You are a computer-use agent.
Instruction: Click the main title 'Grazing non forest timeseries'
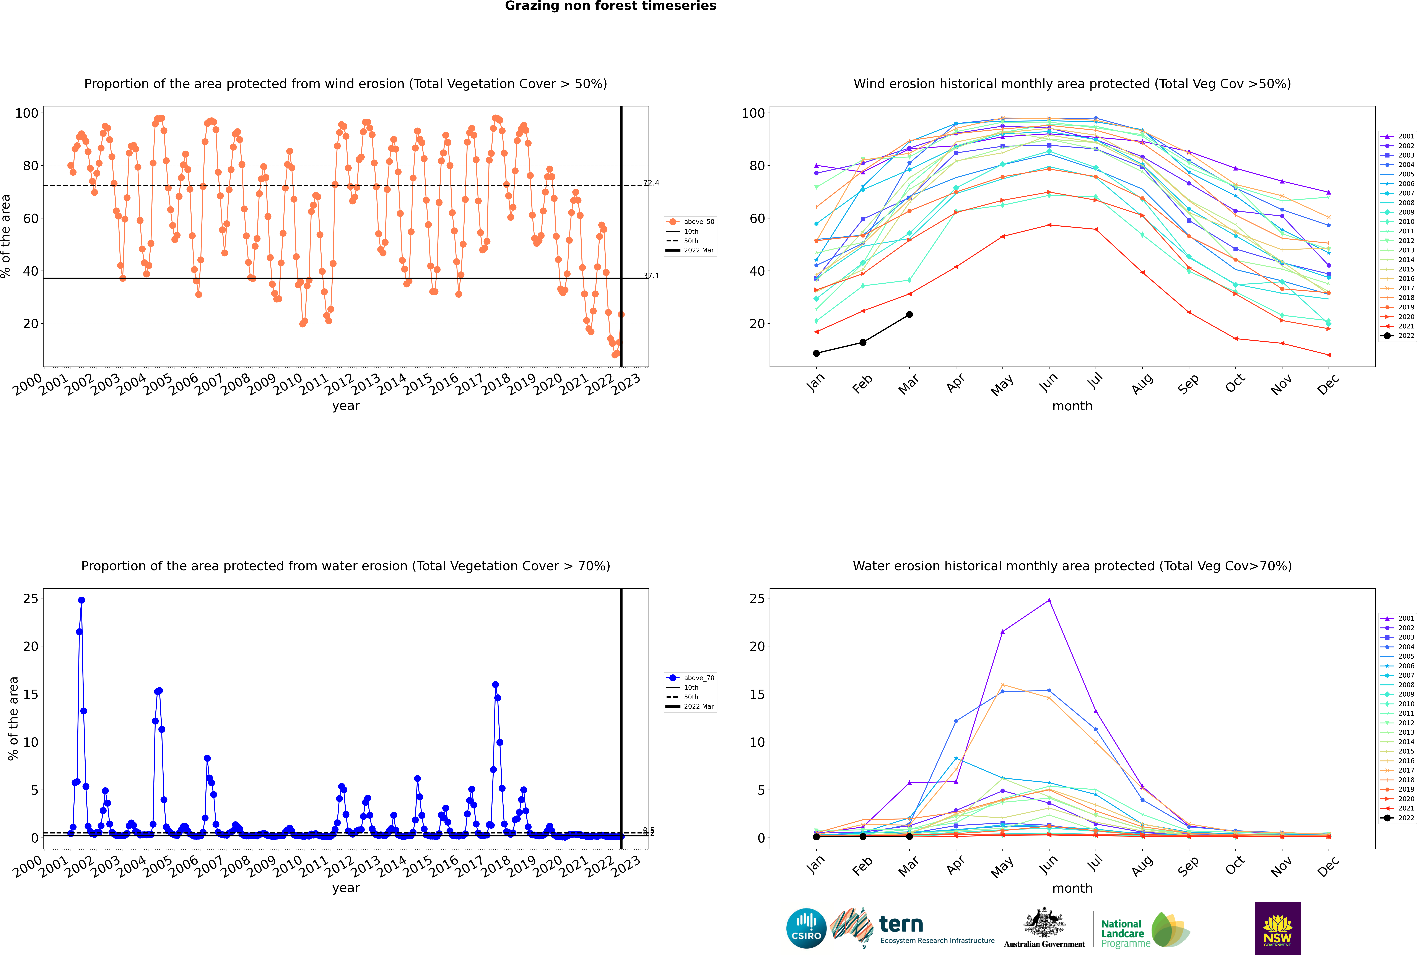tap(610, 6)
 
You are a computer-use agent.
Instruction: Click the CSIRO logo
tap(806, 928)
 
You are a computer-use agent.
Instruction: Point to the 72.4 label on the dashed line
tap(651, 183)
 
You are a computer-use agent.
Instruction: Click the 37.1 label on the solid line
tap(651, 276)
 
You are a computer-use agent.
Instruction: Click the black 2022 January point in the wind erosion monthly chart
tap(816, 353)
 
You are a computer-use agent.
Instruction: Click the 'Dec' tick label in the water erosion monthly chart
tap(1328, 866)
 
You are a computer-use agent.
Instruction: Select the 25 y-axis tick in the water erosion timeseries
tap(30, 599)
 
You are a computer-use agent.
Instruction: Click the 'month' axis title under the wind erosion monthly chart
tap(1072, 406)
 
